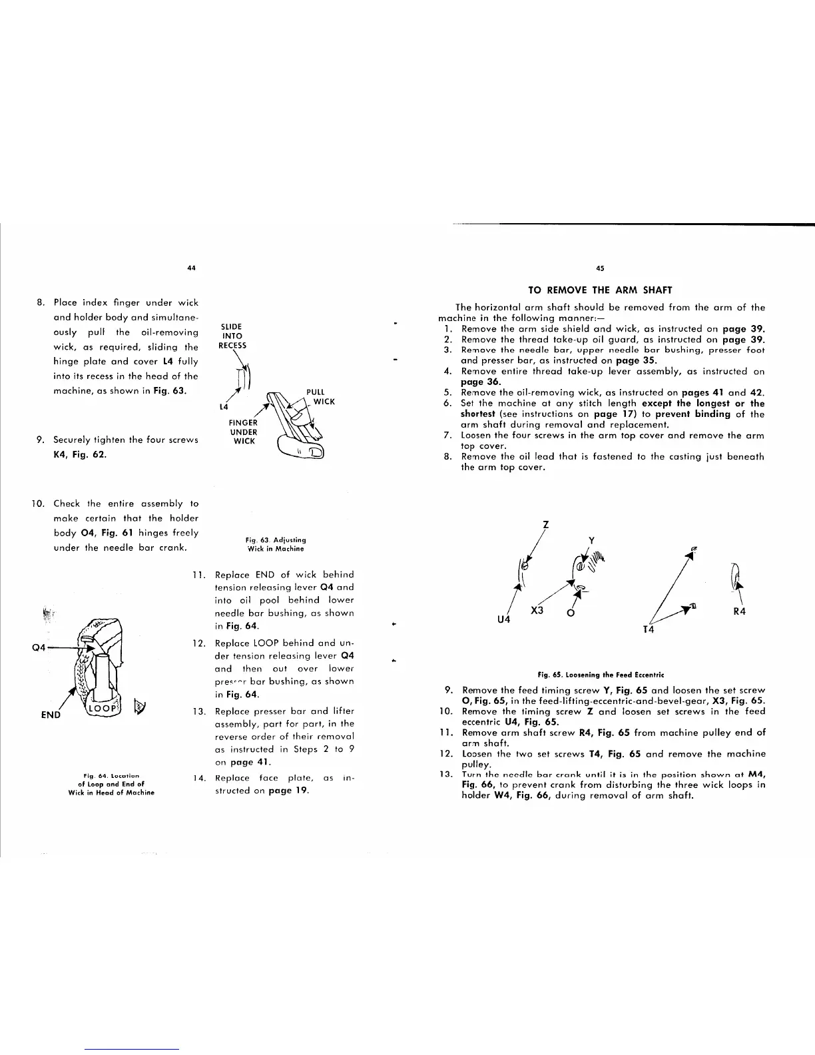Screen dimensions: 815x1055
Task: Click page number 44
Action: pyautogui.click(x=191, y=268)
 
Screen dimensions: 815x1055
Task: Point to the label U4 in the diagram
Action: pyautogui.click(x=505, y=620)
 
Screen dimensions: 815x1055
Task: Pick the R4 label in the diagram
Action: pyautogui.click(x=739, y=612)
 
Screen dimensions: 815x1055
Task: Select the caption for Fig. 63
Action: pyautogui.click(x=274, y=544)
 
